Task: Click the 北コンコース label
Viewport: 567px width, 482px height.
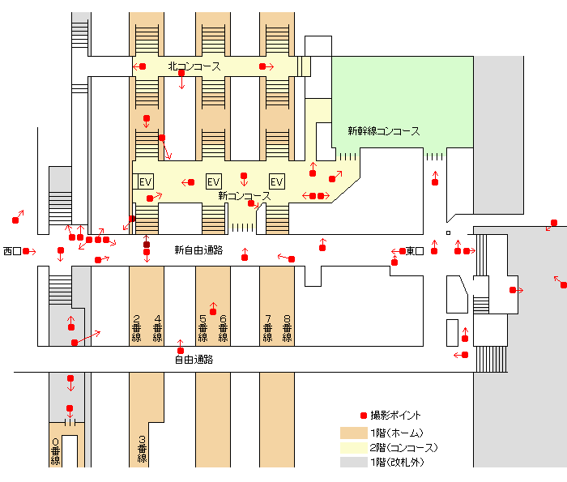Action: click(194, 66)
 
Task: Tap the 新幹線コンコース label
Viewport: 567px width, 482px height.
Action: click(383, 130)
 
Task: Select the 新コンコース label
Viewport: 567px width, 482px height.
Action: click(244, 196)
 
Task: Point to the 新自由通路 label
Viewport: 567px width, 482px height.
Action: click(198, 250)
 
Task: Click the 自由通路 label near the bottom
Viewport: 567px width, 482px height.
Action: click(194, 359)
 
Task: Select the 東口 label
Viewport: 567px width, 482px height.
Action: click(415, 251)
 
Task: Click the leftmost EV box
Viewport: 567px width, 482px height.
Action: click(146, 181)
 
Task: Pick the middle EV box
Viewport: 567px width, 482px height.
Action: click(214, 181)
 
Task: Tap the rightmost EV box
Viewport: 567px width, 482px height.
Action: click(277, 181)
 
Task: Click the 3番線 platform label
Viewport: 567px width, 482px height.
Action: click(142, 448)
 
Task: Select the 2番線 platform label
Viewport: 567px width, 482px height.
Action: click(136, 327)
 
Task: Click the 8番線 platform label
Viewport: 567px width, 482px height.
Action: click(287, 327)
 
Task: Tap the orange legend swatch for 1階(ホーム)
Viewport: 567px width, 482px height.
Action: click(353, 433)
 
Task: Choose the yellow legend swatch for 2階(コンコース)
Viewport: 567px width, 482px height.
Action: click(353, 447)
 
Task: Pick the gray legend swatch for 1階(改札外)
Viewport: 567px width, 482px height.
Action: click(353, 462)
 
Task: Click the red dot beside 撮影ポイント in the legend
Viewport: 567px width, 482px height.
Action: click(363, 416)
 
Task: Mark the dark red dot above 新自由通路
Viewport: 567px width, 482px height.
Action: click(147, 245)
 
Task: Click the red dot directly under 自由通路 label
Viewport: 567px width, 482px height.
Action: click(181, 351)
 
